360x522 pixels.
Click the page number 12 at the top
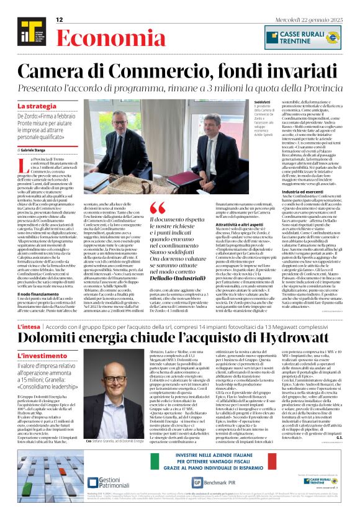click(x=60, y=20)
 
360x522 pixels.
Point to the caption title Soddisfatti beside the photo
click(x=263, y=101)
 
